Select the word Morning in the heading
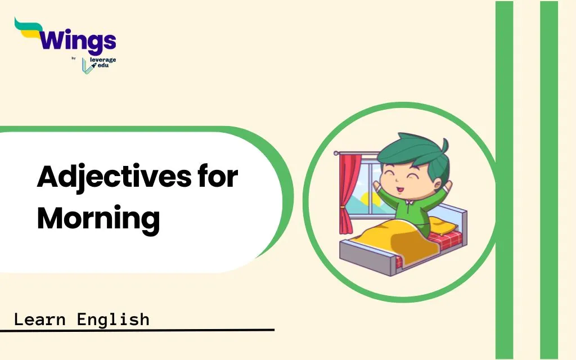click(98, 219)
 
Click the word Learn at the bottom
click(40, 319)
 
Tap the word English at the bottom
click(113, 319)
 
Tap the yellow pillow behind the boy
click(443, 225)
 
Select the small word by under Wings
click(74, 58)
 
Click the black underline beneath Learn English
click(137, 330)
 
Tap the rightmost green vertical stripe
click(549, 180)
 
